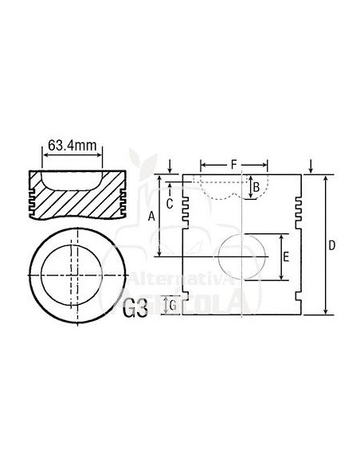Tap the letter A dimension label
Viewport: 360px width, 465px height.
[x=151, y=216]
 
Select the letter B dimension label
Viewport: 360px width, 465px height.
[x=256, y=187]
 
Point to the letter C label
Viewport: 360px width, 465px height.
[x=170, y=202]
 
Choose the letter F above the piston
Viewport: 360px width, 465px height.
[x=233, y=165]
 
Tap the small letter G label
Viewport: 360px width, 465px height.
[x=172, y=305]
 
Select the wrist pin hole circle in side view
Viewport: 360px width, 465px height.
[x=241, y=256]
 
